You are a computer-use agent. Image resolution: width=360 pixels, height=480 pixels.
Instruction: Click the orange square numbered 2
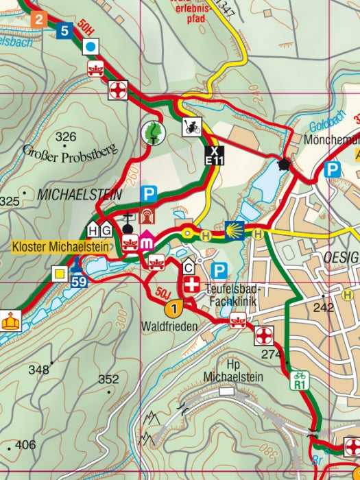(38, 19)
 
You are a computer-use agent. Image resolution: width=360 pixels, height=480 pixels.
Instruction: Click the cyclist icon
(191, 127)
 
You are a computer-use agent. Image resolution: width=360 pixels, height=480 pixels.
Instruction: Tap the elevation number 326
(66, 136)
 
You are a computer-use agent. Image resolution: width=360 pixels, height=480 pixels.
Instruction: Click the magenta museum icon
(147, 241)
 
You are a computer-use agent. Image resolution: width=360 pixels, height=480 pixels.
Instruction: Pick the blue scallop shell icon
(235, 229)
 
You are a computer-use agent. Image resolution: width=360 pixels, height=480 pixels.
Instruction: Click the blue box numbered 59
(80, 280)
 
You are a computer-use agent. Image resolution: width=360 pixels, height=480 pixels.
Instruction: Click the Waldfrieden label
(169, 326)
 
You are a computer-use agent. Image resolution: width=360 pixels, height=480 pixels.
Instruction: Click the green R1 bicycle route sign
(299, 380)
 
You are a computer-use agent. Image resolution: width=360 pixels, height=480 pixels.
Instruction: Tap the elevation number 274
(272, 354)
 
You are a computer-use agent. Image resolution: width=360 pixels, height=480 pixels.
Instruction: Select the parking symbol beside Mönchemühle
(333, 169)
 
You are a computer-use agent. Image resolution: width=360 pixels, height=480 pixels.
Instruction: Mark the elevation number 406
(25, 445)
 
